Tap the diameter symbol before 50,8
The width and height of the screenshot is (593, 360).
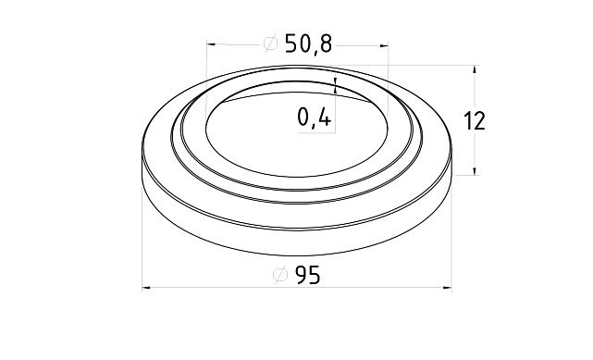[x=270, y=43]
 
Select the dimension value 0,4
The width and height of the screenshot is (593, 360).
[x=315, y=118]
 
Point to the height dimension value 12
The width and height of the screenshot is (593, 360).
[x=474, y=120]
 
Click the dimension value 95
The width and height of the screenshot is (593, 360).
[x=308, y=276]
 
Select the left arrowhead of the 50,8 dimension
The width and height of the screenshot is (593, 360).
[x=213, y=43]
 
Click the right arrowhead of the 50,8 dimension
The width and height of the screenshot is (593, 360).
[x=382, y=43]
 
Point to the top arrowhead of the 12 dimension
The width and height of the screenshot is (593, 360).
[x=475, y=70]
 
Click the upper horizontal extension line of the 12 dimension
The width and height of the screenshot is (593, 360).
[x=435, y=65]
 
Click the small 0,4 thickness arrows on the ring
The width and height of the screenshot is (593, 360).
[x=335, y=85]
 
